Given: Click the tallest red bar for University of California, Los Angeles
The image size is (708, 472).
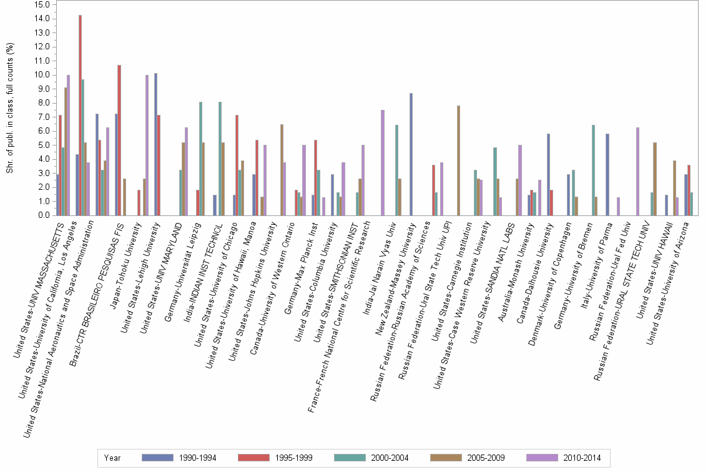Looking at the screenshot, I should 80,116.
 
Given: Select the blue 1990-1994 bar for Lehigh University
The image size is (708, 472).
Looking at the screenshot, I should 155,144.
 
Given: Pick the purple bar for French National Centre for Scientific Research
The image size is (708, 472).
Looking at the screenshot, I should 382,163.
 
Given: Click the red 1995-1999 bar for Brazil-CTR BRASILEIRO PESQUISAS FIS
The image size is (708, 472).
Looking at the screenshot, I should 119,140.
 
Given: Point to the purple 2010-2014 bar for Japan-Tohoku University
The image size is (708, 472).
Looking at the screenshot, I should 147,145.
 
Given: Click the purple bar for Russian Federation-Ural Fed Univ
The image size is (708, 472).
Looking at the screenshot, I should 637,172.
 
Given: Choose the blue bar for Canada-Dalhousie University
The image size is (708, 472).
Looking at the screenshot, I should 548,175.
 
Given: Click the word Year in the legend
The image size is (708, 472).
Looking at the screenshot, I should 112,458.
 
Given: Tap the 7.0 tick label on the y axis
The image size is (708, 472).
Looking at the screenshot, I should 43,117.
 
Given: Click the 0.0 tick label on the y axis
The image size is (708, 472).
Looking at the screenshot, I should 43,215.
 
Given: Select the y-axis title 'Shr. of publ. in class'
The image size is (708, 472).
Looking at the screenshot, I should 9,109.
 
